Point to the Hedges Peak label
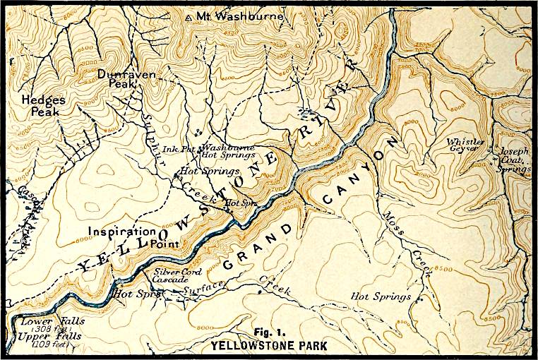tap(43, 106)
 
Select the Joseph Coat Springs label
tap(513, 160)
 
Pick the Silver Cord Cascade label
tap(178, 275)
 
